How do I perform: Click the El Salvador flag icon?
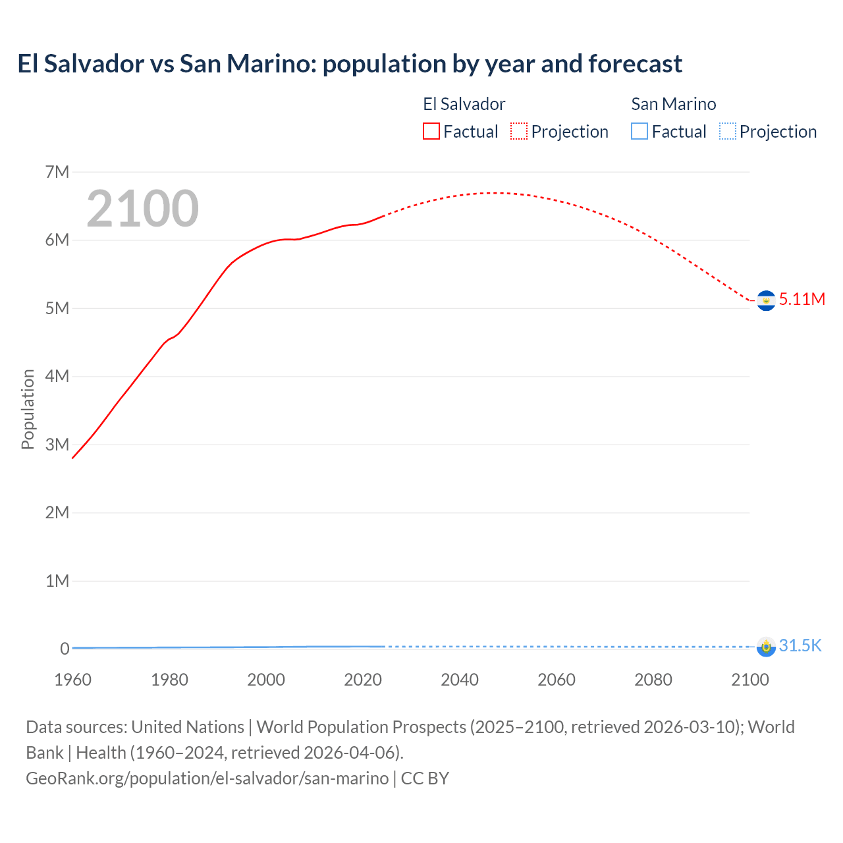(x=766, y=300)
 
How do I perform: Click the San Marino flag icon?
(x=766, y=646)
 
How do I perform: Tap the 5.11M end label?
(x=802, y=299)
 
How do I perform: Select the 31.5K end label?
(x=800, y=645)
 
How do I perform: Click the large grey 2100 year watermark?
(x=142, y=209)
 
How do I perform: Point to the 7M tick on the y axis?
(x=57, y=172)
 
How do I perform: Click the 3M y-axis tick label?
(x=57, y=445)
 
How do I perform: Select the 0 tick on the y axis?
(x=65, y=649)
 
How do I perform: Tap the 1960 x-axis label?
(x=72, y=680)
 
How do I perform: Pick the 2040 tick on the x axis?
(x=460, y=680)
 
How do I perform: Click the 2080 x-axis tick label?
(x=653, y=680)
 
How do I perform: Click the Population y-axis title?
(x=28, y=409)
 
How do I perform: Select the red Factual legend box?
(x=431, y=131)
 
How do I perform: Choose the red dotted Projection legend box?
(x=519, y=131)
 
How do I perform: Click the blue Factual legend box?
(x=639, y=131)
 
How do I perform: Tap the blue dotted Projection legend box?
(x=727, y=131)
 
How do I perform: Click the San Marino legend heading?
(x=673, y=104)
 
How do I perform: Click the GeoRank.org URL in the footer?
(x=207, y=778)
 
